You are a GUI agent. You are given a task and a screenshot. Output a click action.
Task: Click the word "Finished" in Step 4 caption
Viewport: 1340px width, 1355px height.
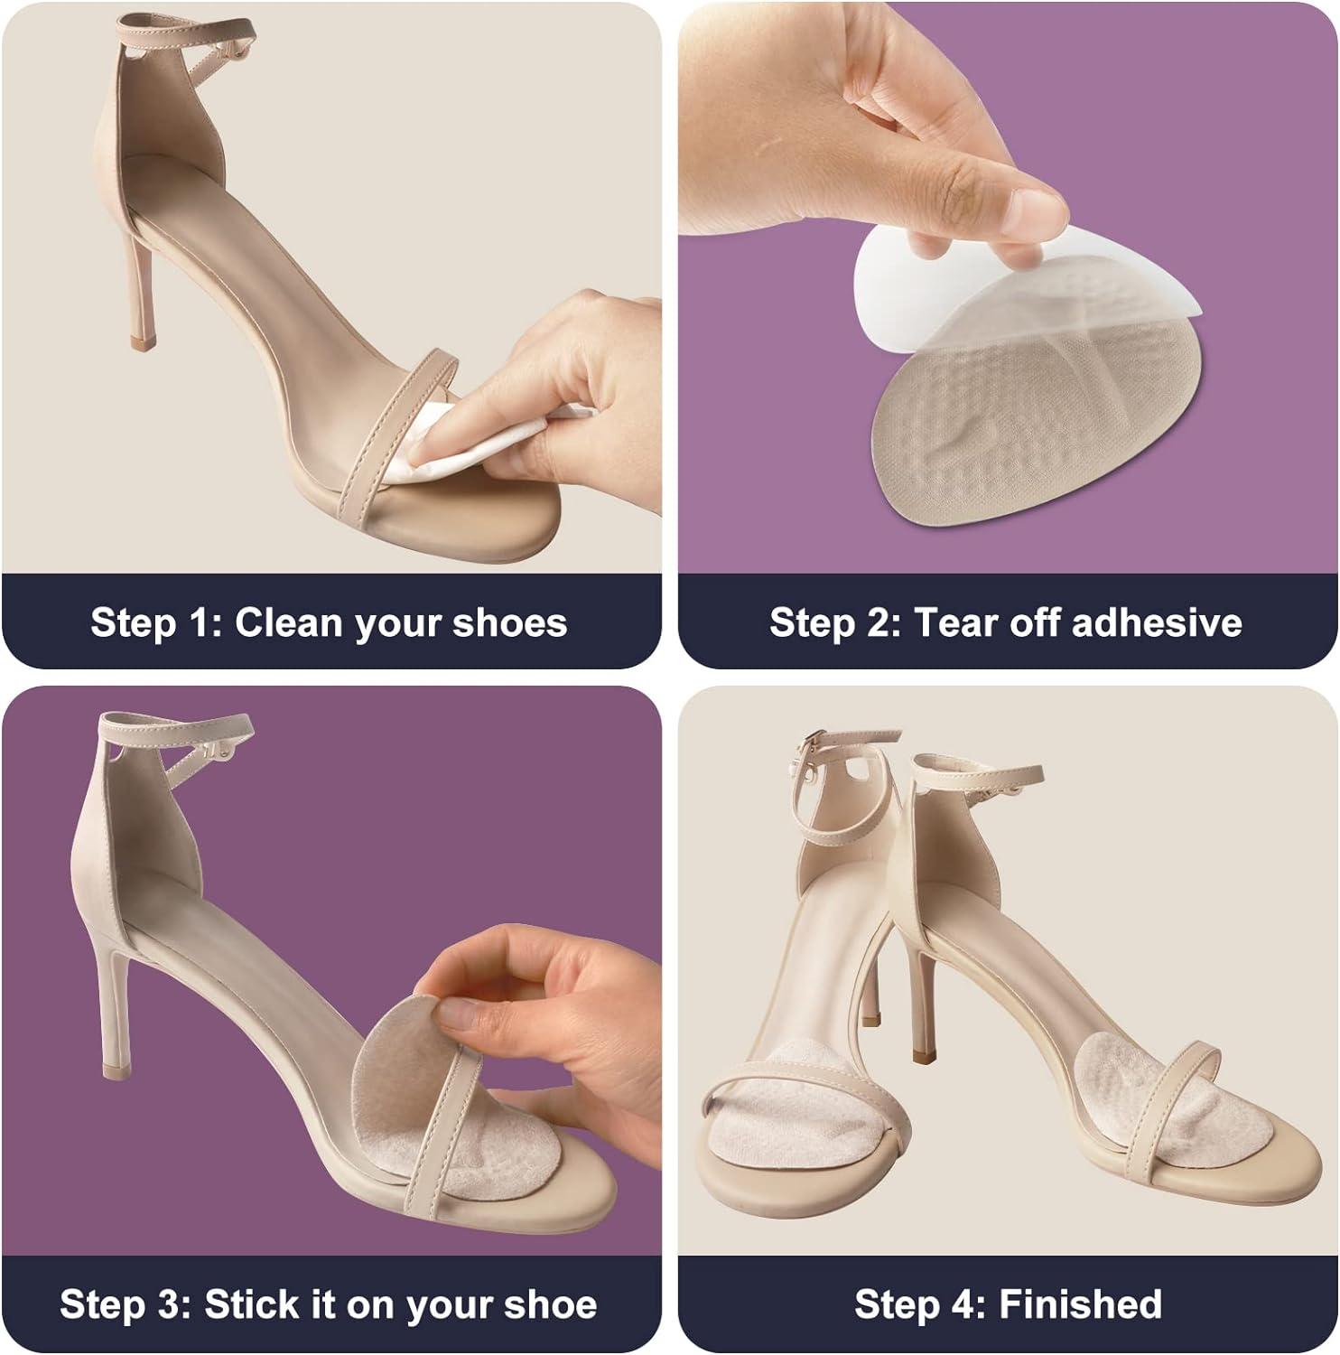click(1080, 1304)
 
